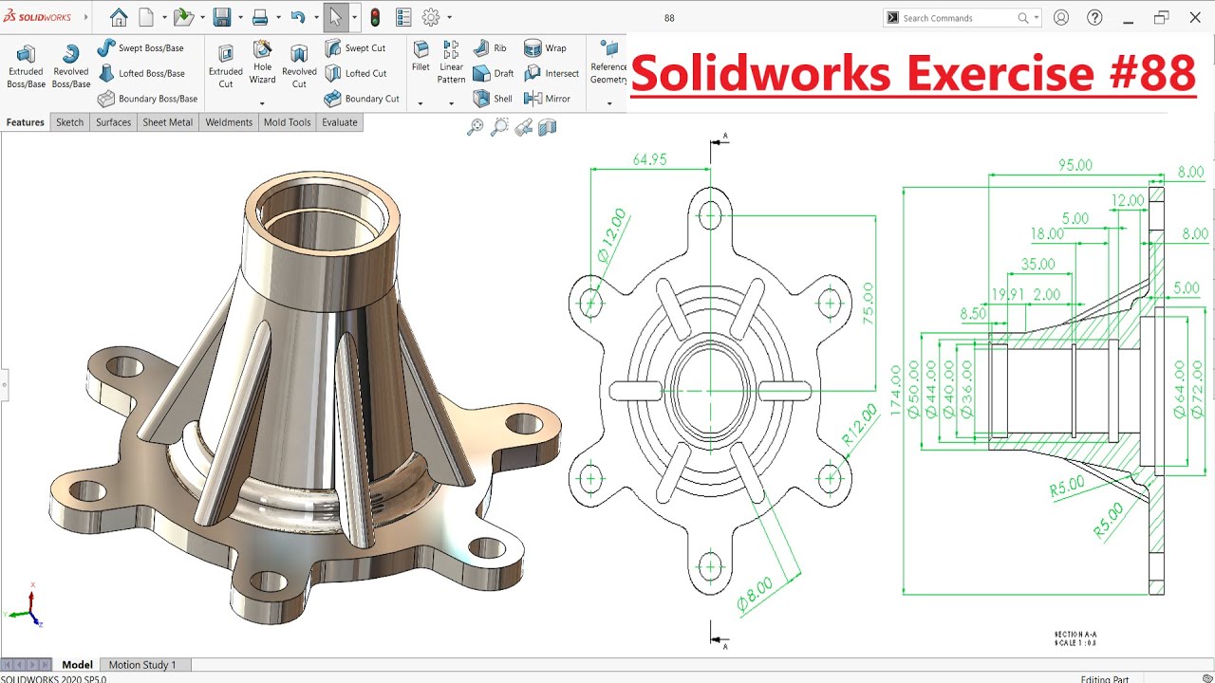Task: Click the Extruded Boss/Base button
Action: [26, 66]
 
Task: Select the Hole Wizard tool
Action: [262, 63]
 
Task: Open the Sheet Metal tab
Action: [167, 122]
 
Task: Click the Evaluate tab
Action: [339, 122]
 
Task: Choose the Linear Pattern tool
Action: [451, 63]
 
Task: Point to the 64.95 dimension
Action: [649, 159]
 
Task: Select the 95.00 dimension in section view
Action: [1075, 165]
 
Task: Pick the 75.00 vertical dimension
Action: [867, 304]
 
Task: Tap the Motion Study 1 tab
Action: [142, 665]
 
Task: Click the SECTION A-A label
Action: [1075, 635]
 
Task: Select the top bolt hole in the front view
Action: [710, 216]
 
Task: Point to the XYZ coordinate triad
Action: [30, 609]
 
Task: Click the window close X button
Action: [1195, 18]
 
